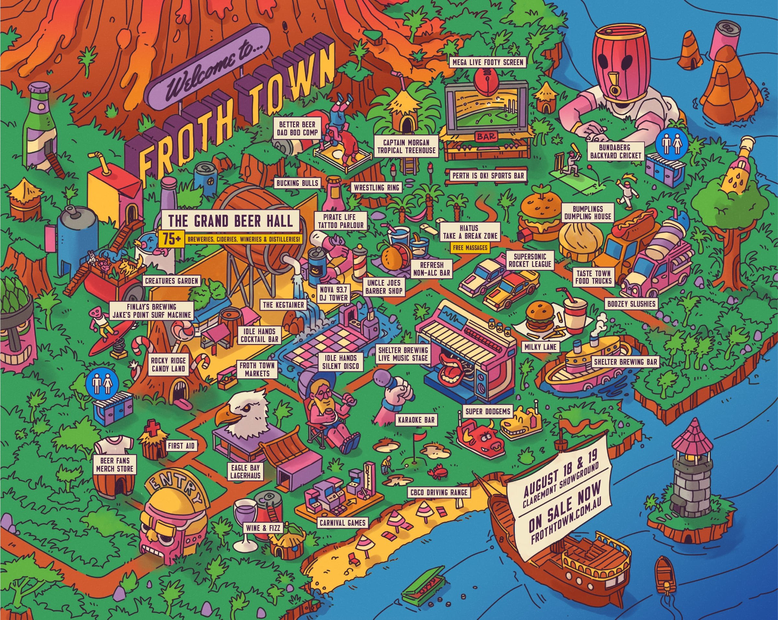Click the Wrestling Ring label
pos(377,188)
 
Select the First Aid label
pos(181,446)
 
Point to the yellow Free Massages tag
pos(470,248)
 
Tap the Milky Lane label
pos(540,347)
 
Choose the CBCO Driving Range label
pos(439,492)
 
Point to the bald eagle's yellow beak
pos(226,417)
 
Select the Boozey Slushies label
pos(631,304)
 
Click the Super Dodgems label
pos(488,411)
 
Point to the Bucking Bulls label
pos(297,183)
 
